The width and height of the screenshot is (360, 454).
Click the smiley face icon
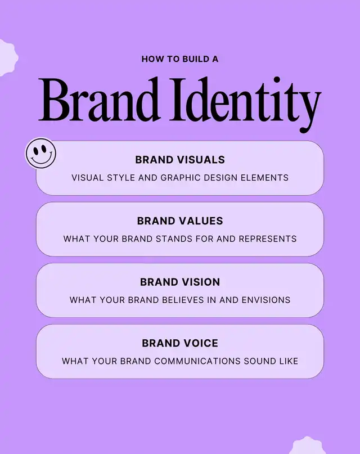41,153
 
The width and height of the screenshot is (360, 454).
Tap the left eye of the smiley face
35,150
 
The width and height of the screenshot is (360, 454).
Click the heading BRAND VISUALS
180,160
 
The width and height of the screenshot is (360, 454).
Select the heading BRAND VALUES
180,221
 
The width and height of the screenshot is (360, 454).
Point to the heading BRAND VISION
180,282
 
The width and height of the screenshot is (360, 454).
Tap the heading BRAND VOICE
180,343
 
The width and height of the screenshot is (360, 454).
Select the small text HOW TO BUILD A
180,59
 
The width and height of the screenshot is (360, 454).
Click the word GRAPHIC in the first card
181,177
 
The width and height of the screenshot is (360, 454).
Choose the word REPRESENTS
268,239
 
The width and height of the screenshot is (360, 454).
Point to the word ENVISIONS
266,300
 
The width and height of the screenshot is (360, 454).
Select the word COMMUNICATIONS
197,361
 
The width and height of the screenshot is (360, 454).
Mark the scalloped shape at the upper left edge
7,58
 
